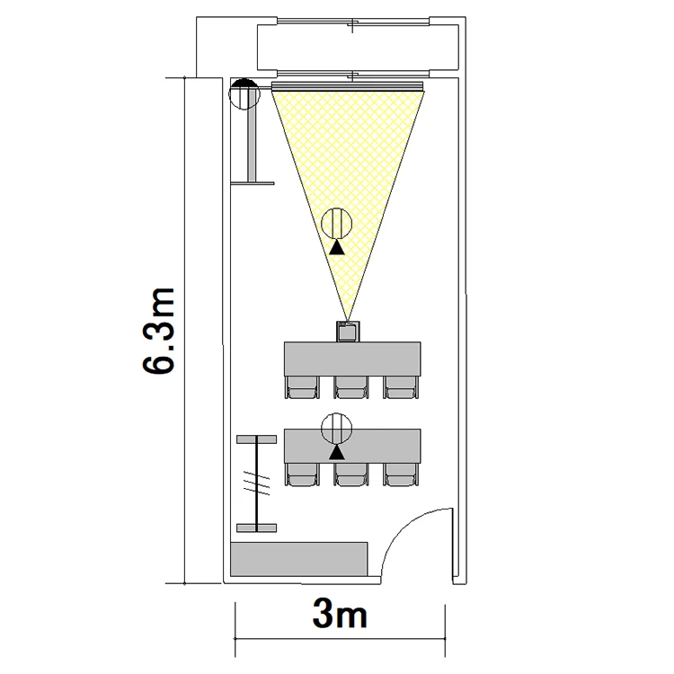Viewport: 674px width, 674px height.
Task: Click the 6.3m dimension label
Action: click(x=158, y=331)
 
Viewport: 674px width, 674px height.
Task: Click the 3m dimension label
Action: click(x=340, y=614)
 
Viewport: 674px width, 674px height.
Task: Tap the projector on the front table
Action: click(x=348, y=332)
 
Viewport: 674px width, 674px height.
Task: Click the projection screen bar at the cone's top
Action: click(x=348, y=86)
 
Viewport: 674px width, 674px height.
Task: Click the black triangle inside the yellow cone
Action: click(x=337, y=248)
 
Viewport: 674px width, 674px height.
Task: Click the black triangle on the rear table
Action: click(x=337, y=452)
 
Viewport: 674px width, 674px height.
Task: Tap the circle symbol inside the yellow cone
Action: click(x=337, y=223)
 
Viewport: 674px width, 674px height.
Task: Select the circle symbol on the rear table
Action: click(x=337, y=429)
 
